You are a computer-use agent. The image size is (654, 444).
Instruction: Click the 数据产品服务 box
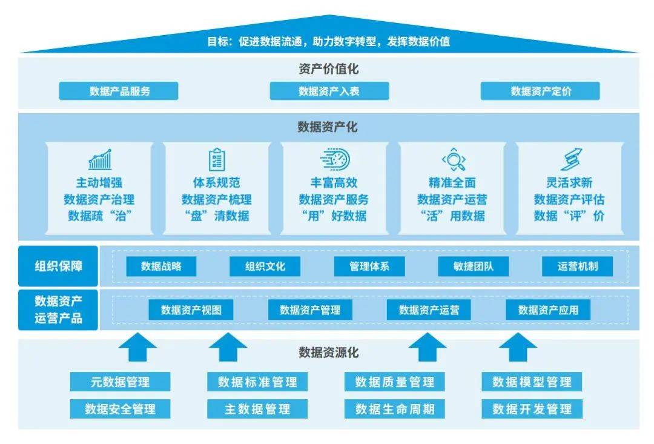coord(119,91)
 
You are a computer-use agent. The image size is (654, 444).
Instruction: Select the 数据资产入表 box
coord(329,91)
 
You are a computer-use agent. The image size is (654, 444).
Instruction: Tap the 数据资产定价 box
coord(540,91)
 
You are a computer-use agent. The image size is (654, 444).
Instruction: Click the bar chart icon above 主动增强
coord(100,159)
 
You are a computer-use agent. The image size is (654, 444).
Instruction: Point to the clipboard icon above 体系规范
coord(216,159)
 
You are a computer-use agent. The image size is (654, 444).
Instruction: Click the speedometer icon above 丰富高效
coord(334,159)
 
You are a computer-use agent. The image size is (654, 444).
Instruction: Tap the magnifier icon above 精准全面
coord(452,160)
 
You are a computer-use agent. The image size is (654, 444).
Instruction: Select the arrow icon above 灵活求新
coord(570,159)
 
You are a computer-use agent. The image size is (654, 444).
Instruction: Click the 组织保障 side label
coord(58,265)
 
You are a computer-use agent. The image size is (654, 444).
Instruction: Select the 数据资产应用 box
coord(548,310)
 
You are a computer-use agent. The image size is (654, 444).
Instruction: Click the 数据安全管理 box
coord(120,409)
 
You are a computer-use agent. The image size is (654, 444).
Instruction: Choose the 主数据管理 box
coord(257,409)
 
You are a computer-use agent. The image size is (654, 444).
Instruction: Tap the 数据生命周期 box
coord(395,409)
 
